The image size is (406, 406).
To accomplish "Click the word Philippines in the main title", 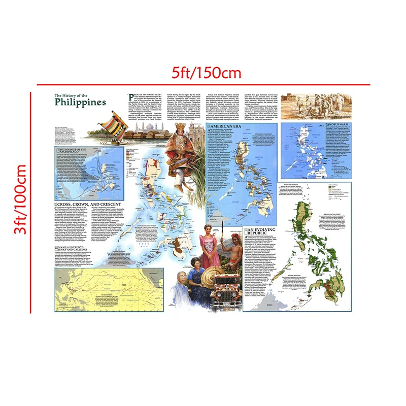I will click(81, 102).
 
